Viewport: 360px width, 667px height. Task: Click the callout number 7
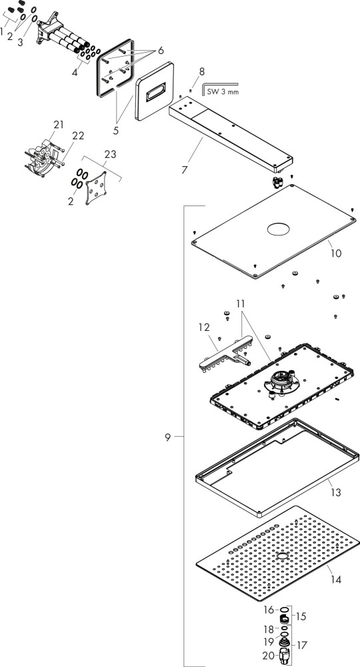185,169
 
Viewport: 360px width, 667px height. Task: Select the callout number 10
336,253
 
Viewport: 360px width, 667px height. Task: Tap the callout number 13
336,493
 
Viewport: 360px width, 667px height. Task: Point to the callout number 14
336,580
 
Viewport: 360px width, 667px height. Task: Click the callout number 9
168,438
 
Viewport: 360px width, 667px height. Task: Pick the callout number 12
204,327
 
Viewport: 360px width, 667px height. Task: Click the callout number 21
59,125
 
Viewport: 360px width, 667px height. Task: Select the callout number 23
110,155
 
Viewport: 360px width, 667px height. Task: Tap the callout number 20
268,656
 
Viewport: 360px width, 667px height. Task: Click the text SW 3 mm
223,91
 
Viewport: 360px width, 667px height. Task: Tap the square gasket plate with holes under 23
96,189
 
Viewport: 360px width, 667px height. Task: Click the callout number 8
201,71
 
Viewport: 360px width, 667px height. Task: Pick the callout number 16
268,610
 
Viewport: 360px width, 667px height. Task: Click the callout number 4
75,72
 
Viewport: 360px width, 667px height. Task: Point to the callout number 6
161,51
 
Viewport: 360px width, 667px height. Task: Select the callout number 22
78,135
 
